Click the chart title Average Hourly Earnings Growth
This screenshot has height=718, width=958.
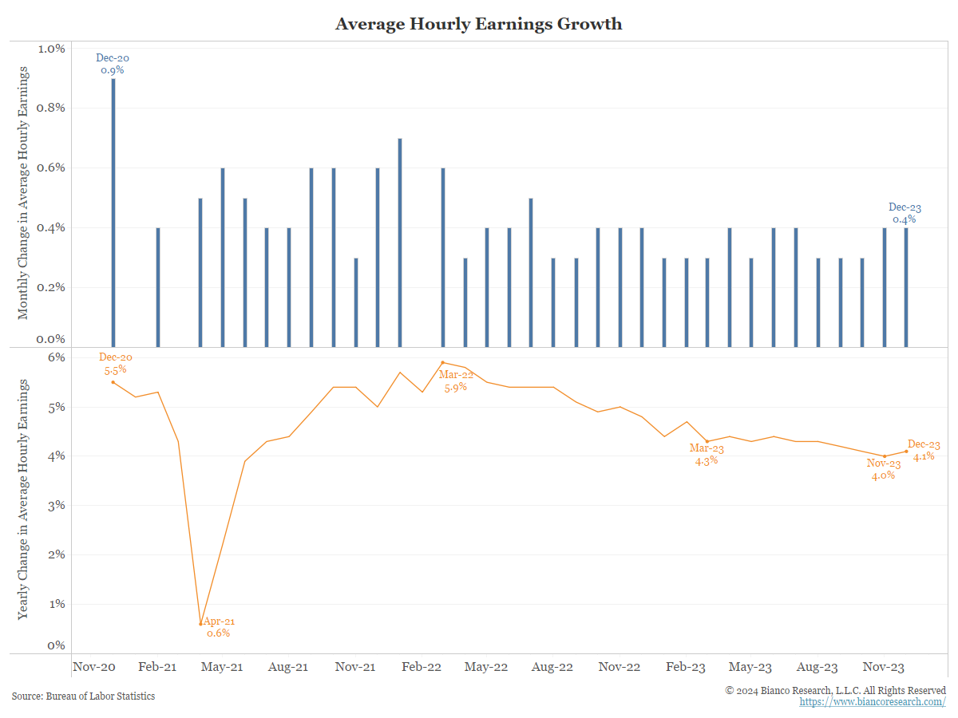coord(478,24)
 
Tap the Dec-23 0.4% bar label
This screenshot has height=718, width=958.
coord(905,213)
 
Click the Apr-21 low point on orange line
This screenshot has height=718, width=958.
coord(201,624)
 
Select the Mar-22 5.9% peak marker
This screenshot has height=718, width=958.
coord(443,362)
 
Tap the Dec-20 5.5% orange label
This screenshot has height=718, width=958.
coord(114,363)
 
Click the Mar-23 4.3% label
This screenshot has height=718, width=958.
coord(707,454)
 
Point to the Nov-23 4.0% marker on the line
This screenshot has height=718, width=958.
coord(885,456)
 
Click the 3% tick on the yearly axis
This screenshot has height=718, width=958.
coord(55,506)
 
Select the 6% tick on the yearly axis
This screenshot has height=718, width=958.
coord(55,358)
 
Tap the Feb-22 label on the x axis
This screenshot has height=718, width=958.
coord(421,667)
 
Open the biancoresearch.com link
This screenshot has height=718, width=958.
coord(873,702)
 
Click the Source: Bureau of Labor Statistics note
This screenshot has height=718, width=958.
coord(83,696)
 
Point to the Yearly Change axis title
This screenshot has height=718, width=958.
coord(23,499)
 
